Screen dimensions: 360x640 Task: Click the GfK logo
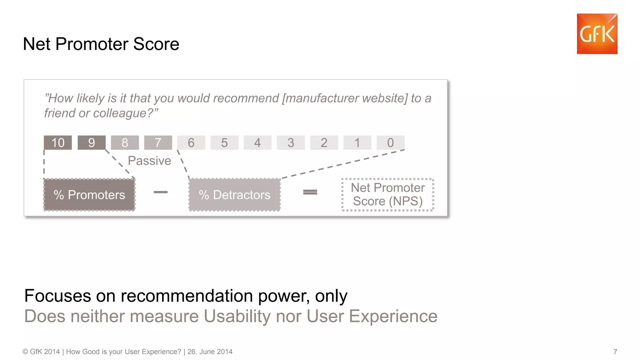point(597,34)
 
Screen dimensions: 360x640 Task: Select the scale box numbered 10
point(58,143)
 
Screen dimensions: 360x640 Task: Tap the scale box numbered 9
point(92,143)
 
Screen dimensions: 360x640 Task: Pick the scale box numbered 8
point(125,143)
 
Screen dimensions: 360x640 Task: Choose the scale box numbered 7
point(158,143)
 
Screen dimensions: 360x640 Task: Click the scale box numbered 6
point(191,143)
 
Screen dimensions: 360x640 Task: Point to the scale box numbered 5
point(224,143)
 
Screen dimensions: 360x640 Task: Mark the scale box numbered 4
point(257,143)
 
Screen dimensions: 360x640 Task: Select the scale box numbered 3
point(291,143)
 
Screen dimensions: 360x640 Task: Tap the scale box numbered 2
point(324,143)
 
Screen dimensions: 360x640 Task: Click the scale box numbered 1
point(357,143)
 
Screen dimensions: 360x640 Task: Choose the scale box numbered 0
point(391,143)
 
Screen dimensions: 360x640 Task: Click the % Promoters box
point(89,195)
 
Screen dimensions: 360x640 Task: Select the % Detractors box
point(235,195)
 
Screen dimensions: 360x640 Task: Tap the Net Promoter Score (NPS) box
point(388,195)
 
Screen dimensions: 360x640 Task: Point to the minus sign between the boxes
point(161,192)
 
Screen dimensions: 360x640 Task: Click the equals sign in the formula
point(310,192)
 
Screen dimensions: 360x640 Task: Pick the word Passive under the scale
point(149,161)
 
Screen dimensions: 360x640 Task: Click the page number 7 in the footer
point(615,352)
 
